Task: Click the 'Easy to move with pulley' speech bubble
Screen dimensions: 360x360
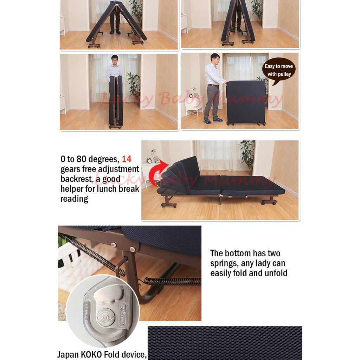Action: click(279, 70)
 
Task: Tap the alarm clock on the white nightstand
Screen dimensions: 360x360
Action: click(149, 160)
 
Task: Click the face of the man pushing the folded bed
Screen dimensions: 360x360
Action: click(216, 59)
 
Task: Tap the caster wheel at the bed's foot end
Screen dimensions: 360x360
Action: click(269, 202)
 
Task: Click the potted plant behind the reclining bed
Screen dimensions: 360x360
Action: click(247, 155)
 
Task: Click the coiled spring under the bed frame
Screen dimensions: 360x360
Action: click(172, 281)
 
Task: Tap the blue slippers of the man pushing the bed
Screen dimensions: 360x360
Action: click(213, 121)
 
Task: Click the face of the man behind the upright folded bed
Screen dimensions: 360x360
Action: click(114, 59)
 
